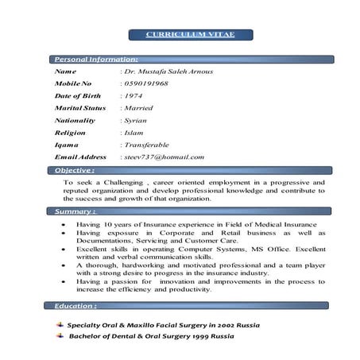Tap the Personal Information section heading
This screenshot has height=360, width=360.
tap(95, 59)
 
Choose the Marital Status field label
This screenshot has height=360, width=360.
tap(79, 107)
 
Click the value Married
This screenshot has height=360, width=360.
tap(137, 107)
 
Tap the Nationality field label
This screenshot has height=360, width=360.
tap(75, 120)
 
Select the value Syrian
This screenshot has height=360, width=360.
tap(135, 120)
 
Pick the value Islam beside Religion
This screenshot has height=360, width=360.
tap(134, 133)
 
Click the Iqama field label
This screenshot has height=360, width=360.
tap(67, 145)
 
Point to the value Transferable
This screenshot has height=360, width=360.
tap(145, 145)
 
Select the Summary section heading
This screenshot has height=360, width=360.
tap(75, 212)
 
